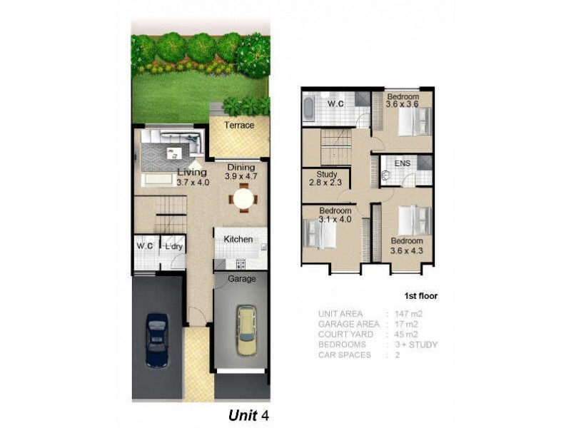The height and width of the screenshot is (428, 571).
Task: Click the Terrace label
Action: [x=239, y=126]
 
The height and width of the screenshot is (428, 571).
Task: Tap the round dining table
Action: [x=243, y=198]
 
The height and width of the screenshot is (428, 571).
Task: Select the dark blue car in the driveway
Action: [x=156, y=340]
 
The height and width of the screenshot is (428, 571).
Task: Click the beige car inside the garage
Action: [x=246, y=330]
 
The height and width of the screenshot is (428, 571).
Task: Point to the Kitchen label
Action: [x=238, y=239]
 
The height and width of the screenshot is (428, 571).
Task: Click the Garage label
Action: [x=241, y=279]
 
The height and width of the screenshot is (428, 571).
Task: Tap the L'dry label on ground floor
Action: [x=173, y=247]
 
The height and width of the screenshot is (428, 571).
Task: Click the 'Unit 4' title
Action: [x=249, y=414]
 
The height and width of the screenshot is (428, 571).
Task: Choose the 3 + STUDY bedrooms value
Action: [x=415, y=345]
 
